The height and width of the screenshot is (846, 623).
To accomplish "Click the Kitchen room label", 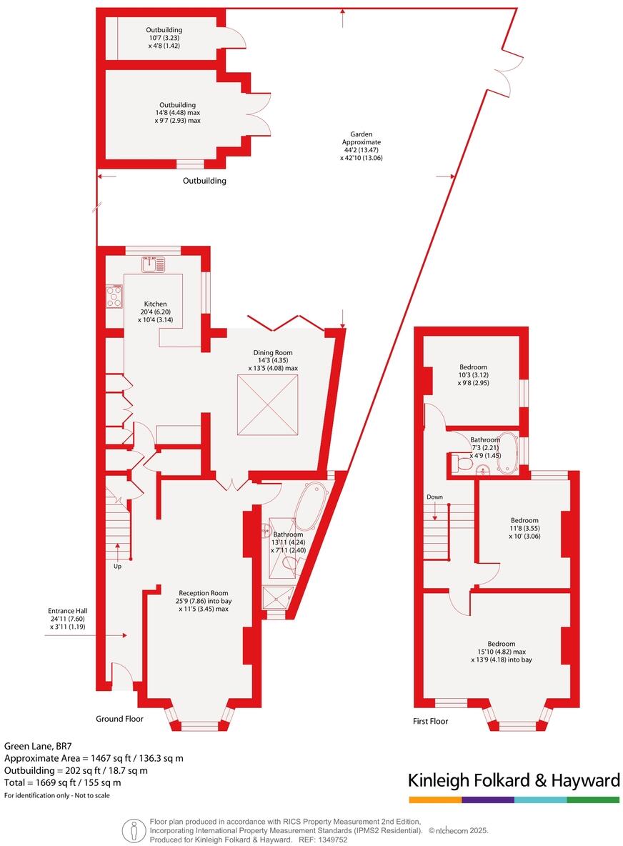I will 154,312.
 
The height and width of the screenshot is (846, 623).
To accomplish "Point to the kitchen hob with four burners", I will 114,296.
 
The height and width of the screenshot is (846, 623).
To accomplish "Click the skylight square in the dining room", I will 268,404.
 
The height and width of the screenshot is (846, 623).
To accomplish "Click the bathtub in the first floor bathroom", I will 507,453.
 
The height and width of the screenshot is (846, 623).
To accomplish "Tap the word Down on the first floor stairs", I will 435,497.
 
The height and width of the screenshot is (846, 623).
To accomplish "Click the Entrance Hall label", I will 67,618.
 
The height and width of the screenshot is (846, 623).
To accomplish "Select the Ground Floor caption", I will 120,719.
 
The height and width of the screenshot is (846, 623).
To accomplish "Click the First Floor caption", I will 431,721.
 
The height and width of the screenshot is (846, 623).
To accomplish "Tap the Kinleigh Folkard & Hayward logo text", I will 514,780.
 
